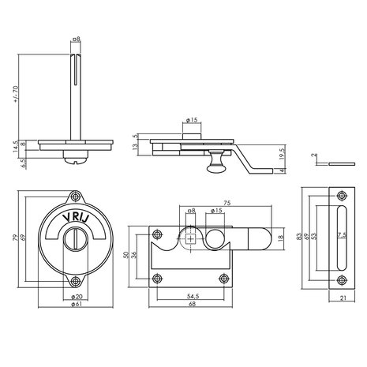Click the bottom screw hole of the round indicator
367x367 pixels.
coord(76,281)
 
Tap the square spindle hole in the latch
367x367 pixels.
coord(191,242)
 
